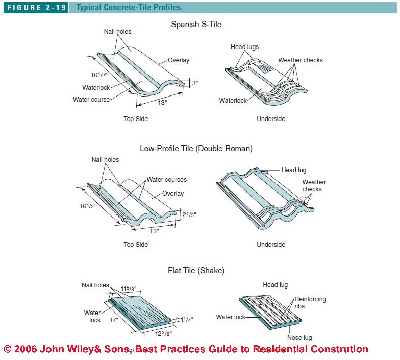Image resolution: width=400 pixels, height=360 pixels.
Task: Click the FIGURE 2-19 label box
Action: click(35, 8)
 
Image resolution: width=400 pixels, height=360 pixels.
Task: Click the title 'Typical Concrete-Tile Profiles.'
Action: click(130, 8)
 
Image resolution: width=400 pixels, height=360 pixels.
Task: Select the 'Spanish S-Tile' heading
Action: click(196, 24)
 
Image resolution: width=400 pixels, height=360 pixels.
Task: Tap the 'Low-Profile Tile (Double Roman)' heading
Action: click(196, 149)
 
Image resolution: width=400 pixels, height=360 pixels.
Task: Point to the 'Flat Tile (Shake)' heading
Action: click(196, 270)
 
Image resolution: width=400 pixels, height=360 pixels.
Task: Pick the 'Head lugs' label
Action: click(244, 47)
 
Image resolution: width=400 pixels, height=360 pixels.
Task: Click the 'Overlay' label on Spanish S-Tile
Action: click(178, 60)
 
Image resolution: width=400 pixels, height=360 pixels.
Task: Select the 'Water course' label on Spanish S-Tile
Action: click(91, 100)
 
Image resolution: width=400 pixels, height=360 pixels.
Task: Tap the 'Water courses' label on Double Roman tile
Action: click(166, 180)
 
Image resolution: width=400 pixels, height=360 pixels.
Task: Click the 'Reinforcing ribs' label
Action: click(310, 303)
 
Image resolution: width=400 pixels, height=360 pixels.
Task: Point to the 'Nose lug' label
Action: click(299, 338)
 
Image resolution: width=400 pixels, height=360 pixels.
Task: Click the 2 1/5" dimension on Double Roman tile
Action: click(188, 215)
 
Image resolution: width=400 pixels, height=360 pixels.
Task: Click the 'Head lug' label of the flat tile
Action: click(276, 285)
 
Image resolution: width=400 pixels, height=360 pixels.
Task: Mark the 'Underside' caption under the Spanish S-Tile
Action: click(271, 119)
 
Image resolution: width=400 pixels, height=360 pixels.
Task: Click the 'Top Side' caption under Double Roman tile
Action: click(136, 245)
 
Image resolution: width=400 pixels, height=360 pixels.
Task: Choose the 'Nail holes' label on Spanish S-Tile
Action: click(117, 32)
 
